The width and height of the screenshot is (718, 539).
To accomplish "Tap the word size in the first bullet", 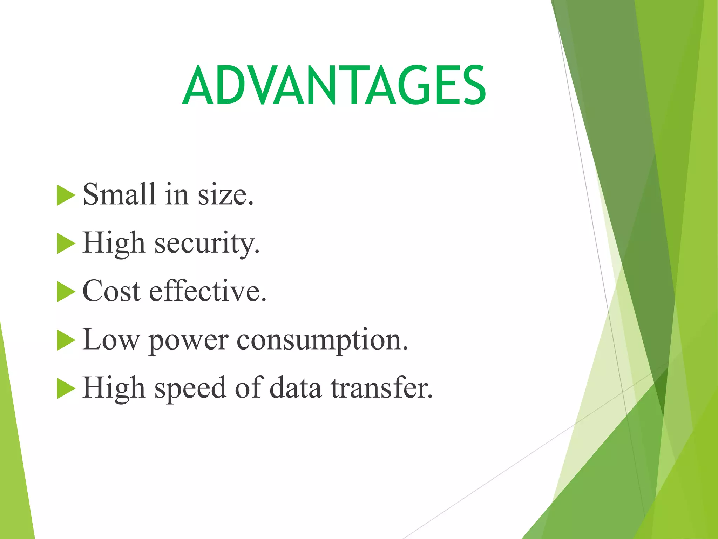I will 225,195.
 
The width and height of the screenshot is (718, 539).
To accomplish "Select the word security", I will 207,243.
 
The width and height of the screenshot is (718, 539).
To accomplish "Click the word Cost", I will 111,291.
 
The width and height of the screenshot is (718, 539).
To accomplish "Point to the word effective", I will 208,291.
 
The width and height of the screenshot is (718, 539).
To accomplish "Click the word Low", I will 111,339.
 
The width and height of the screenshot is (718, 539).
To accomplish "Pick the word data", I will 295,388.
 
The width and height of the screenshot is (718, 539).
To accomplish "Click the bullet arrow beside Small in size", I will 66,195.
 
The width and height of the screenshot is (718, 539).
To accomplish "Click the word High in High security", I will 114,243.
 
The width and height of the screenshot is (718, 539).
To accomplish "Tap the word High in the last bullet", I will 114,388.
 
